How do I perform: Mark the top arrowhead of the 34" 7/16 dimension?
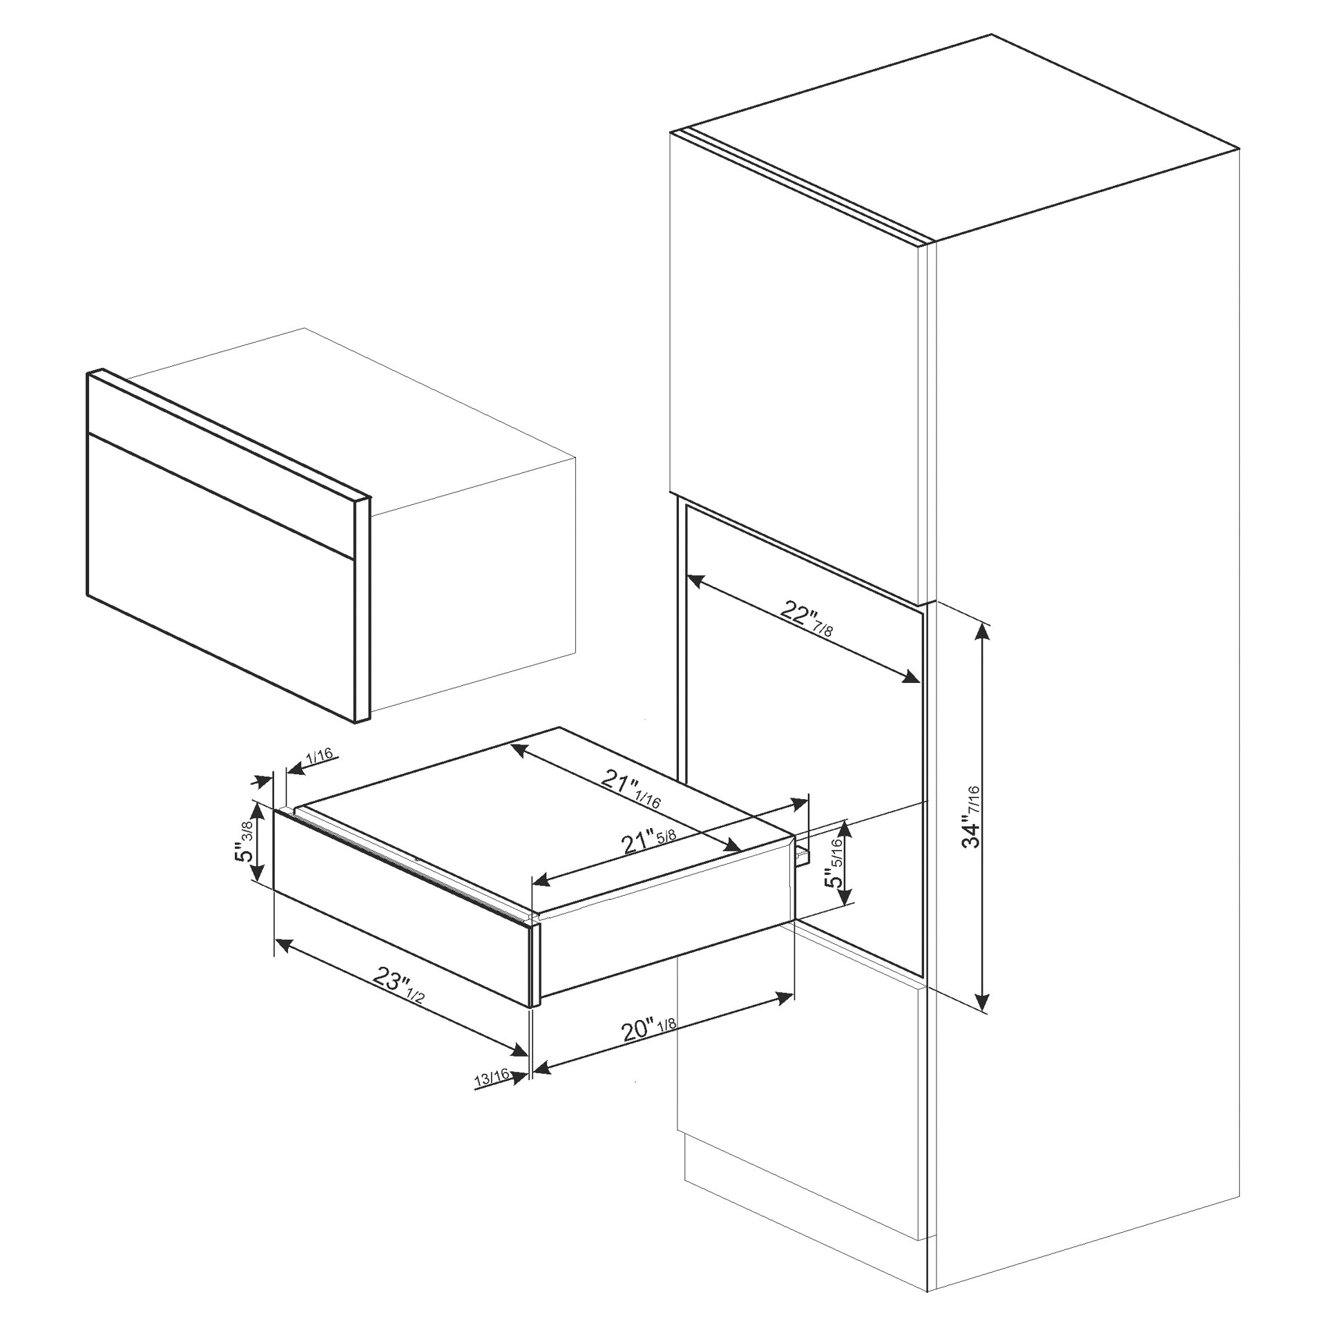[x=984, y=631]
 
